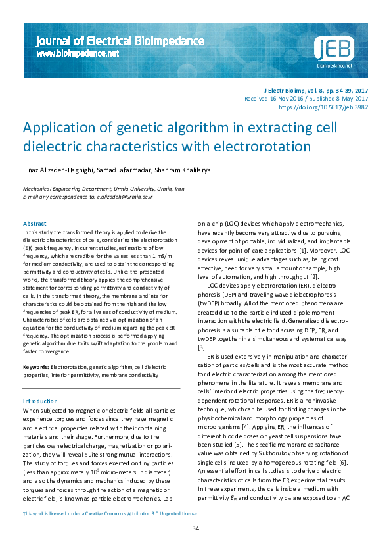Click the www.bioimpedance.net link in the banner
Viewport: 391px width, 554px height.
tap(78, 53)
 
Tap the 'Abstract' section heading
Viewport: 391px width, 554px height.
tap(35, 224)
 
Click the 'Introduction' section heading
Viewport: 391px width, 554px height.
tap(40, 401)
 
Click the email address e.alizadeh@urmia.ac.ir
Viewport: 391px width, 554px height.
tap(125, 196)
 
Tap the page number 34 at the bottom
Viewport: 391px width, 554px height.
tap(195, 528)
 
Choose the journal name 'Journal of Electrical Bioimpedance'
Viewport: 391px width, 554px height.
tap(120, 41)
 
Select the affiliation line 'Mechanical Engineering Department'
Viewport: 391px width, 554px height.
tap(65, 188)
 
